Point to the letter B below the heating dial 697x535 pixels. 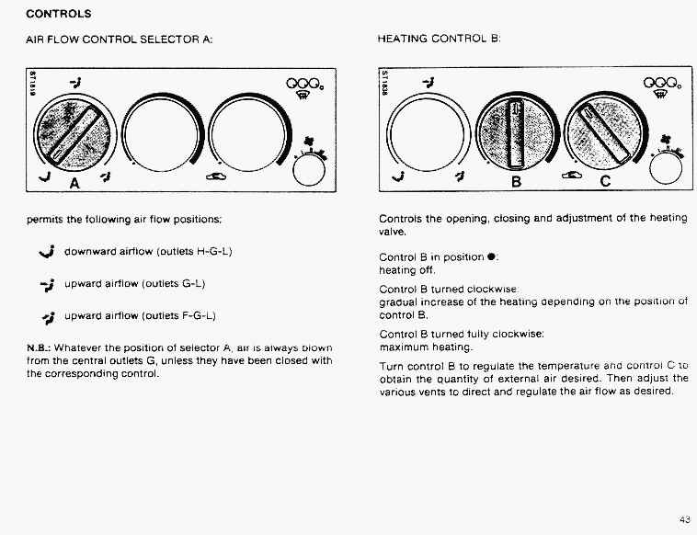(x=516, y=182)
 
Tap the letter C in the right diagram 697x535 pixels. (x=604, y=182)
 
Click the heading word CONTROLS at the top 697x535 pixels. (x=57, y=15)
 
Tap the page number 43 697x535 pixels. (x=684, y=519)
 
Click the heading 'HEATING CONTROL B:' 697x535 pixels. (x=438, y=40)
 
